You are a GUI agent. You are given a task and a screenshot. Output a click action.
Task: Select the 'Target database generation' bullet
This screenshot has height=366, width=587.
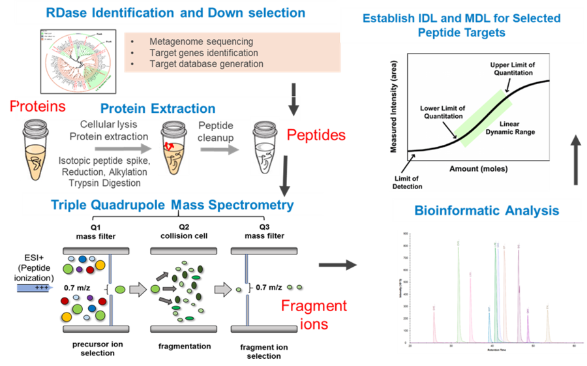206,64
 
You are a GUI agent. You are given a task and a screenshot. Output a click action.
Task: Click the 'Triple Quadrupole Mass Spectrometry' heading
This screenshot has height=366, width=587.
173,205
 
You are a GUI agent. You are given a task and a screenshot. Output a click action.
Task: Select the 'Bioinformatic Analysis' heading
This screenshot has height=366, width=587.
486,211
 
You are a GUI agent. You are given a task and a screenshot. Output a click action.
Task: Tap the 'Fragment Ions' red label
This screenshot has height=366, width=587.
314,314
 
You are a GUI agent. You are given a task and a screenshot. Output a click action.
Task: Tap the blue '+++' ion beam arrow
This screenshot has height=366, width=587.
36,287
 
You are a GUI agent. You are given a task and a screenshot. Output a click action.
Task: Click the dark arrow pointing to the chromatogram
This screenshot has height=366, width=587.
337,264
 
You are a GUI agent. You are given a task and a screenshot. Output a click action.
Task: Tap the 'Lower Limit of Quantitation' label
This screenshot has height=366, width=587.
442,112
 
